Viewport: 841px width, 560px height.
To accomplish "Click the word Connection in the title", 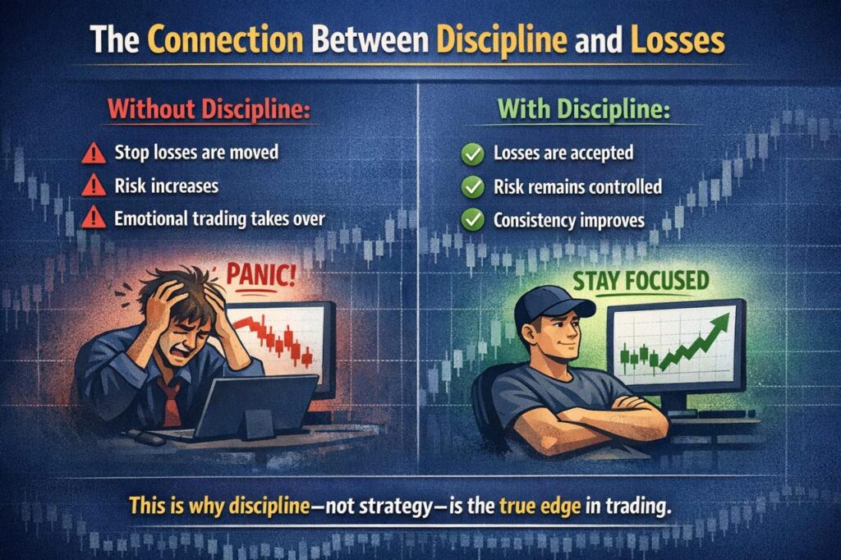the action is tap(225, 39).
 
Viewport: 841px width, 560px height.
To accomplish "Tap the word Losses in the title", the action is tap(678, 39).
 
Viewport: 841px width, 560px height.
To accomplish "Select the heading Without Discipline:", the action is tap(209, 109).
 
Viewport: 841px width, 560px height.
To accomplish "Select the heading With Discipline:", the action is tap(584, 109).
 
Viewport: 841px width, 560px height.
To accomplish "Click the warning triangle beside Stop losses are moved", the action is tap(94, 153).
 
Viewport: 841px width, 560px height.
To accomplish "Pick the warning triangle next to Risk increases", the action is tap(94, 186).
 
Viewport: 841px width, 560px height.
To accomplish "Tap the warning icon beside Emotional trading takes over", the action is tap(94, 218).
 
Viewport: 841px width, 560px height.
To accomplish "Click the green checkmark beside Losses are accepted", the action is tap(472, 154).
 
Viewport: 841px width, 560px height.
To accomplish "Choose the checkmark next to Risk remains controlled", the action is tap(472, 187).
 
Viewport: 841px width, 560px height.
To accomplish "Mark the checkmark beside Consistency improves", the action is tap(472, 220).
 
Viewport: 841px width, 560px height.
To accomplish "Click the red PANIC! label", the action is tap(260, 274).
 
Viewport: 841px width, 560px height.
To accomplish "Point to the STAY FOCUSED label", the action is tap(641, 281).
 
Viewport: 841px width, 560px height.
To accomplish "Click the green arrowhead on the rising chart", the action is tap(719, 324).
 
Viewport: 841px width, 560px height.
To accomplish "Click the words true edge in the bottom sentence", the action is tap(540, 506).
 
